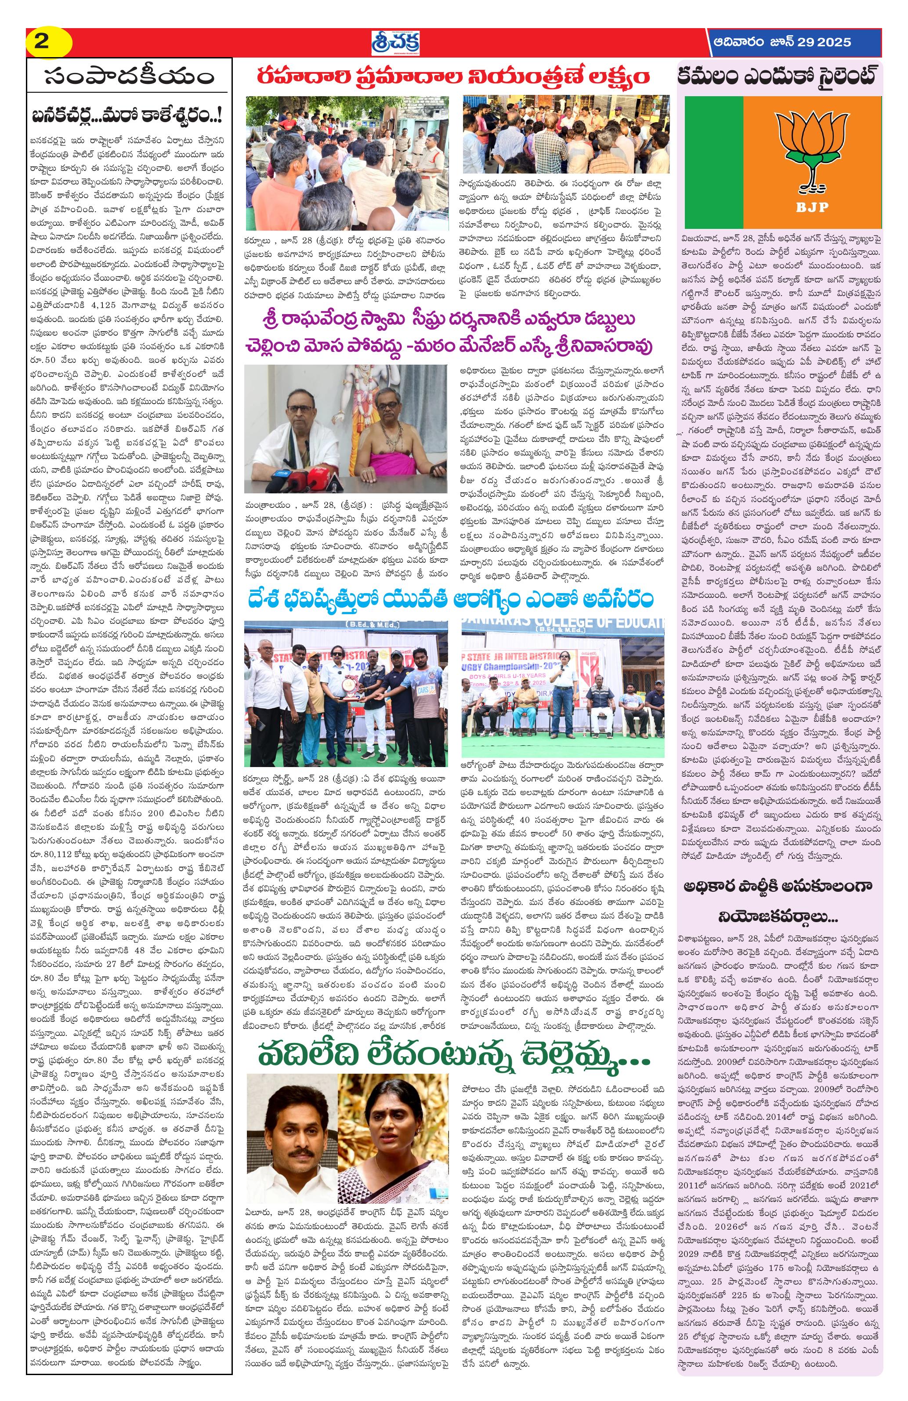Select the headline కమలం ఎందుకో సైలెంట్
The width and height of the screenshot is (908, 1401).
click(x=780, y=76)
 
